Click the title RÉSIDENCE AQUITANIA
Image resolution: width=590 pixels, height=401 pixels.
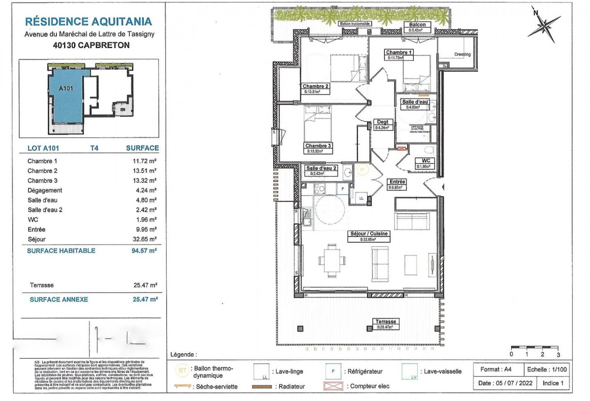coord(88,22)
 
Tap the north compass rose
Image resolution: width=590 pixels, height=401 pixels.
coord(544,26)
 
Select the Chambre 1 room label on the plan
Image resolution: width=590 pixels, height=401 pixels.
coord(399,53)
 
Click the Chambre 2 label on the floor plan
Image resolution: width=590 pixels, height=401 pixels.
coord(315,87)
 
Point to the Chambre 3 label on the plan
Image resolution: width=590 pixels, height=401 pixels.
coord(318,146)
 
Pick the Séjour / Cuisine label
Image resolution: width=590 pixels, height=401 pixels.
coord(369,234)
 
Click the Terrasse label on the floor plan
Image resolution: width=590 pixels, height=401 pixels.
coord(386,322)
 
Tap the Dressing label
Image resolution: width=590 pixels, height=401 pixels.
coord(462,54)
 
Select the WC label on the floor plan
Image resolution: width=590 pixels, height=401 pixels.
coord(426,161)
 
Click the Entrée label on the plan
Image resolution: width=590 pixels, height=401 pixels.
coord(397,182)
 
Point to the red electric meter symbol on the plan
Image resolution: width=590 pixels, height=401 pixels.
coord(402,148)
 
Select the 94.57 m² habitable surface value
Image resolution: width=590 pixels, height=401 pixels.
coord(144,251)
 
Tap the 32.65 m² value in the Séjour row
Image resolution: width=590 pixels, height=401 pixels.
coord(144,239)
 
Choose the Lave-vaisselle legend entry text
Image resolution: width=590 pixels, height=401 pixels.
coord(442,371)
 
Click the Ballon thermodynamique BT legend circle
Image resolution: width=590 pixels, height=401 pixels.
coord(182,371)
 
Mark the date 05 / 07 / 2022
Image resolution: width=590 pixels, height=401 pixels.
coord(505,383)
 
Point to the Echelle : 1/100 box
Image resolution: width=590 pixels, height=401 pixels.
coord(547,369)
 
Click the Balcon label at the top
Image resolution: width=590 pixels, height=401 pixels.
coord(417,25)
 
